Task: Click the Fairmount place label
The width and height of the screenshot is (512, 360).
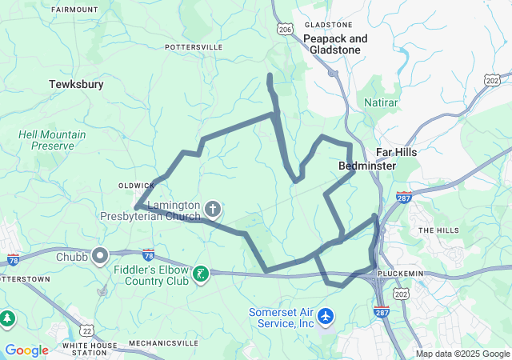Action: point(74,10)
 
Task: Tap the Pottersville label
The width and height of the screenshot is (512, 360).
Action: point(194,48)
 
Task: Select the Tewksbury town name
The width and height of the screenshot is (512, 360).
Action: point(76,84)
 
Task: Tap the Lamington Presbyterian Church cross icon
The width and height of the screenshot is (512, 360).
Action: point(213,210)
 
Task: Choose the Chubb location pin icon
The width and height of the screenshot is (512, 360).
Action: point(100,257)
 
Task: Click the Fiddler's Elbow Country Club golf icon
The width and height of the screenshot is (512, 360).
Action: point(201,274)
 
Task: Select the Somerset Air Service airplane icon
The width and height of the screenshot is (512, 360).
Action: point(325,317)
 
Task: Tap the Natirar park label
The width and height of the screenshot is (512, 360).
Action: point(381,103)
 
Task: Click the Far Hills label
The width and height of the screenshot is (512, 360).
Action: point(397,152)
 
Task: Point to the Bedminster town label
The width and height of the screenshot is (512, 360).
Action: point(367,166)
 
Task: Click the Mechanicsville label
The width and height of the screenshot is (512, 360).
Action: point(164,343)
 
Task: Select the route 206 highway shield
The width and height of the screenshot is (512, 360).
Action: point(286,28)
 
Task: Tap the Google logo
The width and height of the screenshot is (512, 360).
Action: point(26,350)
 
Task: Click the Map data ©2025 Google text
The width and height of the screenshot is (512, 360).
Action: point(462,354)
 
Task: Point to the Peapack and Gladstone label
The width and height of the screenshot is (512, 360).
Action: point(335,44)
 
